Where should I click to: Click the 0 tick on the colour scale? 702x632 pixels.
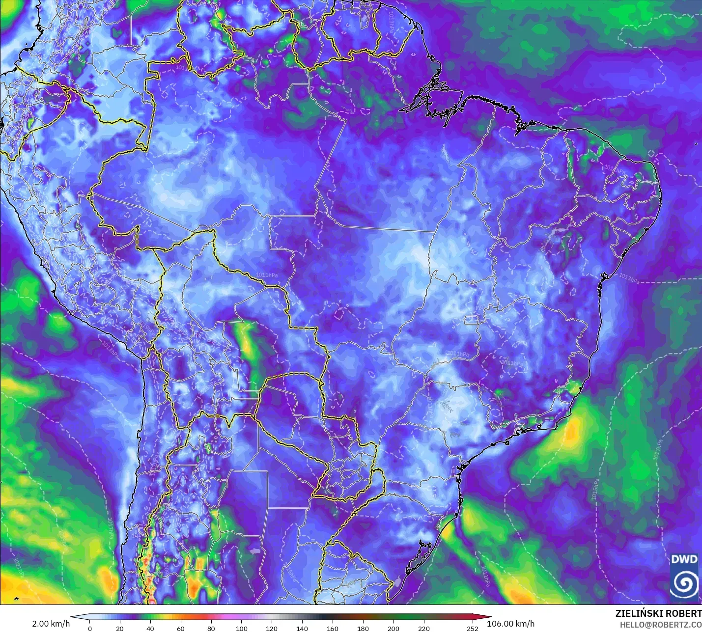point(89,628)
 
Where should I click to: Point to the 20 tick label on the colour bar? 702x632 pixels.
point(120,628)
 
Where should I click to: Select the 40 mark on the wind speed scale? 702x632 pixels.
point(150,628)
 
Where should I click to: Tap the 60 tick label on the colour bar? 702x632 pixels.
point(181,628)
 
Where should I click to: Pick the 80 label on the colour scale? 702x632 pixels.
point(211,628)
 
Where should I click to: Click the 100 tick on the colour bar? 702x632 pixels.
point(242,628)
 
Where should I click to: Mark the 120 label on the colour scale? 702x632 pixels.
point(272,628)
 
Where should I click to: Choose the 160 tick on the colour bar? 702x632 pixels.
point(333,628)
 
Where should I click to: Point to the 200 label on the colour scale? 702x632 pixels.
point(393,628)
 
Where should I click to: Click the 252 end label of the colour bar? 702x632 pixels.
point(473,628)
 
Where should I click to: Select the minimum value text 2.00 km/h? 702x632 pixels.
point(51,624)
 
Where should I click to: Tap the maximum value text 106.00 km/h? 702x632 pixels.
point(510,624)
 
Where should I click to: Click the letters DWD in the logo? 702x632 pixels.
point(684,559)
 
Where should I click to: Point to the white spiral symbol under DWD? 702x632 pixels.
point(684,583)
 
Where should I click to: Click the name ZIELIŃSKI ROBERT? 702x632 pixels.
point(658,613)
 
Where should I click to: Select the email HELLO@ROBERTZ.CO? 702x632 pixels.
point(660,625)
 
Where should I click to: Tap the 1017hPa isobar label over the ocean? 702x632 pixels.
point(658,449)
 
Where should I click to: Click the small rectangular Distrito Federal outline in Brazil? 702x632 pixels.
point(472,320)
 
